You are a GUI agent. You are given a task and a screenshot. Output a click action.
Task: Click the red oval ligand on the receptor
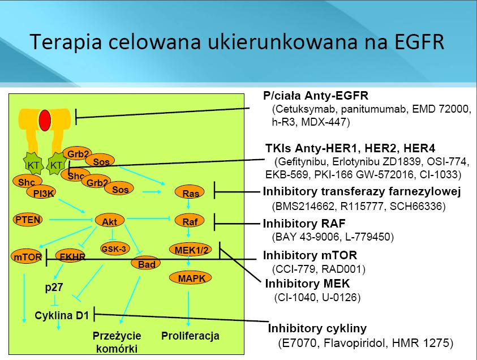tap(45, 121)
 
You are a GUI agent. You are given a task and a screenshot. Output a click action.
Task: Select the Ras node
tap(190, 192)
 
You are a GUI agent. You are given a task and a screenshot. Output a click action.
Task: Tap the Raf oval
tap(190, 221)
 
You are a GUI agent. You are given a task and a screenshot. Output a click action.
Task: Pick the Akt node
tap(110, 221)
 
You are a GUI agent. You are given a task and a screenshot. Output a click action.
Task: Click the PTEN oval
tap(28, 220)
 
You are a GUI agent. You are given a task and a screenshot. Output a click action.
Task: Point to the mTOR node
tap(27, 256)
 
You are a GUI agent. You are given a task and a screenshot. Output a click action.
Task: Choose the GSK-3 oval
tap(115, 248)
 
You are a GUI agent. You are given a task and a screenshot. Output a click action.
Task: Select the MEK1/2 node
tap(191, 250)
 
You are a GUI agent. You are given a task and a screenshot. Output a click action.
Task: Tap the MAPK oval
tap(191, 278)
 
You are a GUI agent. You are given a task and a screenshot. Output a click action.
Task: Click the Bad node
tap(146, 264)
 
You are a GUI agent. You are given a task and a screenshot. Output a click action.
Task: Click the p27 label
tap(54, 287)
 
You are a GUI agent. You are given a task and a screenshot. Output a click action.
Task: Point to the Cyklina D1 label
tap(62, 315)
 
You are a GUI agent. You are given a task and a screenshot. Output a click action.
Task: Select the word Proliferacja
tap(190, 336)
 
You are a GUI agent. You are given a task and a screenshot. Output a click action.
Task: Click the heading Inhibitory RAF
tap(304, 224)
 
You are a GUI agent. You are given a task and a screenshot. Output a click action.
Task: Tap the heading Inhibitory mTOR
tap(310, 255)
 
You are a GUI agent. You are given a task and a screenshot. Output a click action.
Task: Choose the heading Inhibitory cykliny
tap(317, 328)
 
